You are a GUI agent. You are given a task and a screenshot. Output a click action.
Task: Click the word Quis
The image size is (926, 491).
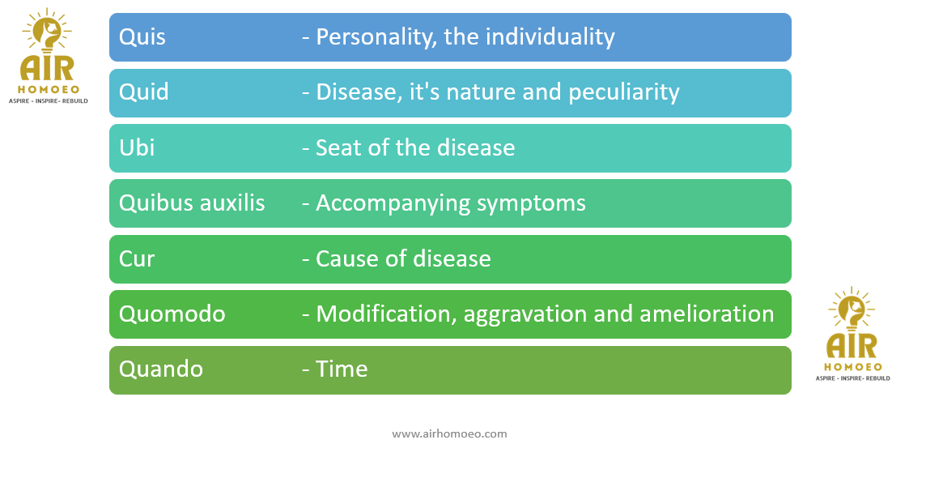click(142, 37)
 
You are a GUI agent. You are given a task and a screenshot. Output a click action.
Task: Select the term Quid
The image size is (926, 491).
click(144, 92)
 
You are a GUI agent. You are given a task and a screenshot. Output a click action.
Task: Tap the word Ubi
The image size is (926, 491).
click(137, 147)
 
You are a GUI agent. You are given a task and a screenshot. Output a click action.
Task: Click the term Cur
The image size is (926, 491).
click(137, 258)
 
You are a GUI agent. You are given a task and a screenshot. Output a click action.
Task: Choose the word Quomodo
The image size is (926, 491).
click(172, 314)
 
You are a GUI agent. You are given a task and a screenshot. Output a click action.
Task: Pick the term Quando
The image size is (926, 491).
click(161, 369)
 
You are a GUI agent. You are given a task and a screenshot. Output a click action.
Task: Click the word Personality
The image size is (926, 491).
click(376, 37)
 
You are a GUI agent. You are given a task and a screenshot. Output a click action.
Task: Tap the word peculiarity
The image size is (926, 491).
click(623, 92)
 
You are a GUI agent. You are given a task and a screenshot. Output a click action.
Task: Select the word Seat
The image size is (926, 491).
click(338, 147)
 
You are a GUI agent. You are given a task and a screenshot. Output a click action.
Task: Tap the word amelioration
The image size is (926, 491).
click(707, 314)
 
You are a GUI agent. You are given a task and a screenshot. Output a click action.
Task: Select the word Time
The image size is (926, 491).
click(342, 369)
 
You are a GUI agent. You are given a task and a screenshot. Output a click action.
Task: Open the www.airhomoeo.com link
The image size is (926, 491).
click(449, 433)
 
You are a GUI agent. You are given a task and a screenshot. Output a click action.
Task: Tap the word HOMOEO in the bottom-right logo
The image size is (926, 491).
click(853, 367)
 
